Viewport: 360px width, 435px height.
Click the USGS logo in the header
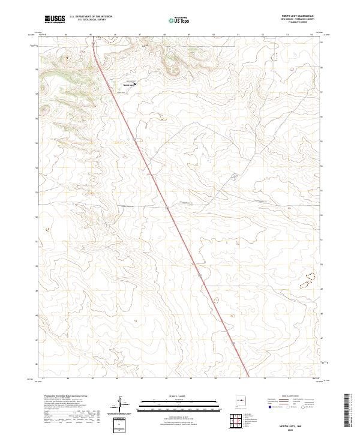(55, 19)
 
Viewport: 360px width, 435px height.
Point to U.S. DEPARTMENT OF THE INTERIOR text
(91, 16)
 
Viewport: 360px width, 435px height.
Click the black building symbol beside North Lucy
(135, 83)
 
